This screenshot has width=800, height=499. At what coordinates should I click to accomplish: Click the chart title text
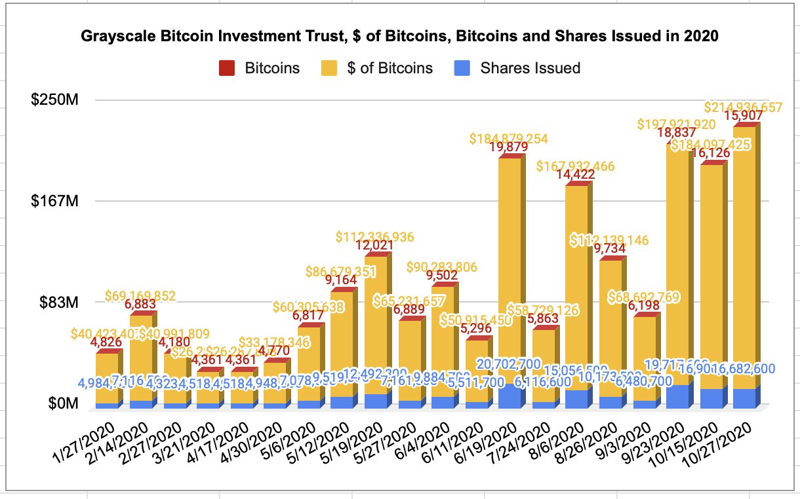[399, 37]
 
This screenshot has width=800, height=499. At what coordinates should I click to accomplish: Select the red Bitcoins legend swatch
[227, 68]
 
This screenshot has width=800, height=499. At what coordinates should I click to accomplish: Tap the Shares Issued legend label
[530, 68]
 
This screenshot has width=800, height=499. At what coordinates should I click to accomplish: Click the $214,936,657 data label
[743, 107]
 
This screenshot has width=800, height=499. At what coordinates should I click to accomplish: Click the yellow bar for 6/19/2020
[509, 262]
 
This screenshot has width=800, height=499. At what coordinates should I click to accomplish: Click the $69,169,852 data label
[141, 297]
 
